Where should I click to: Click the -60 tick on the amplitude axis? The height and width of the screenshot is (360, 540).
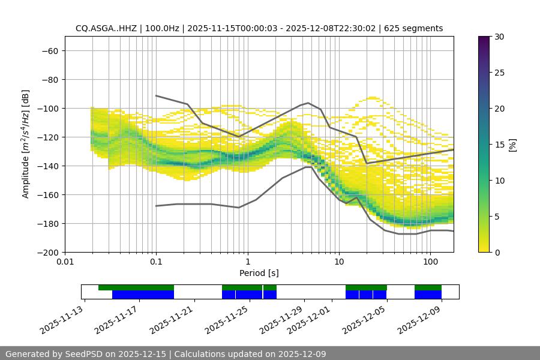coord(49,50)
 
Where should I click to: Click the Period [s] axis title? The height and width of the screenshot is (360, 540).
coord(259,274)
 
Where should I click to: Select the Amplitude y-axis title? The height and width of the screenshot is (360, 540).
coord(26,144)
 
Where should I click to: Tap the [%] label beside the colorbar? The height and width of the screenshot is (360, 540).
coord(512,145)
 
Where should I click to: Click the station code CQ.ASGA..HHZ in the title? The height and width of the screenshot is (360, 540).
coord(104,28)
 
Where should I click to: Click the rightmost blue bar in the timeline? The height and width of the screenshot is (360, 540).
coord(428,295)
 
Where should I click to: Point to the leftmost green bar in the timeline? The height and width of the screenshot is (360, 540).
coord(136,287)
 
